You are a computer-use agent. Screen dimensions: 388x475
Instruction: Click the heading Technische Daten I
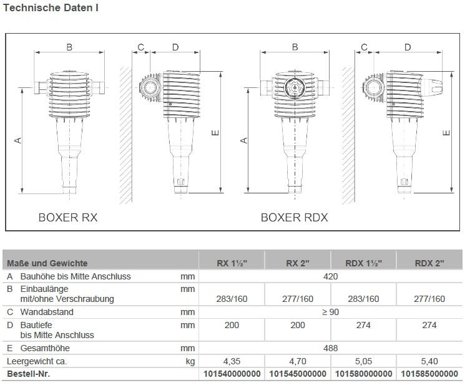pos(51,8)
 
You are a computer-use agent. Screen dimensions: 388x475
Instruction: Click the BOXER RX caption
pos(68,218)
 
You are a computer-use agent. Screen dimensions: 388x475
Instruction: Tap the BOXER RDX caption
pos(294,218)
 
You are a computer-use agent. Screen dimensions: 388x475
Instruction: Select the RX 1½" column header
pos(232,263)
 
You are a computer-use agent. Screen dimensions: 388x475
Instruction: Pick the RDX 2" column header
pos(429,263)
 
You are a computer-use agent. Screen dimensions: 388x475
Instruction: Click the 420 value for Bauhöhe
pos(330,276)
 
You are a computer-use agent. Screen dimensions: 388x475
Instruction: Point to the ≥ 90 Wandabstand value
pos(330,312)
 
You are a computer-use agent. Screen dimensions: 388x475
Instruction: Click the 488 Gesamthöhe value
pos(330,348)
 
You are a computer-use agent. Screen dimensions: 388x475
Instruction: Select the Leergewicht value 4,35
pos(232,361)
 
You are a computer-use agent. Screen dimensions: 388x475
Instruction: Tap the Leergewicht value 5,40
pos(429,361)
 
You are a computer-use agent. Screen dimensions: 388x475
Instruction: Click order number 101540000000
pos(232,374)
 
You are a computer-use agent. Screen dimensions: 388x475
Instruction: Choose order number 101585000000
pos(429,374)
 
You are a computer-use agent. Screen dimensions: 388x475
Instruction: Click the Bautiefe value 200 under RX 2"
pos(297,325)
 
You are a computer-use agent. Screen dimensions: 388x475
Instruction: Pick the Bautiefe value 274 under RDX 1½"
pos(363,325)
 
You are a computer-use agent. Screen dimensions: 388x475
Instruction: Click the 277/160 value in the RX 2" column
pos(297,299)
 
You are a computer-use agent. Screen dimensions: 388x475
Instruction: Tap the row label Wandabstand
pos(47,312)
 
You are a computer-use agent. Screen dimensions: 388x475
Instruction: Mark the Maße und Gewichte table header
pos(47,263)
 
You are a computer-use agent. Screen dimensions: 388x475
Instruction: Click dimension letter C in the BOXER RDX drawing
pos(364,47)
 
